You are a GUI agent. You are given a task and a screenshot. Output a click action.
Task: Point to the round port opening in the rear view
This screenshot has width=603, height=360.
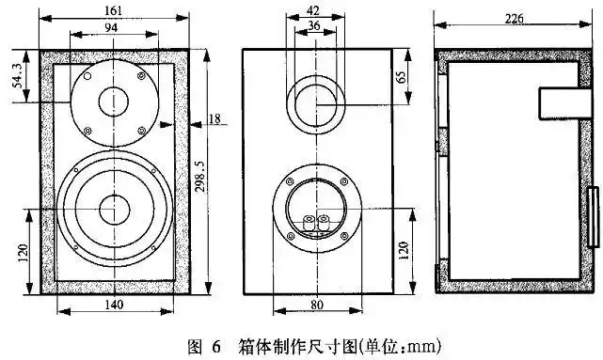coord(315,105)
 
